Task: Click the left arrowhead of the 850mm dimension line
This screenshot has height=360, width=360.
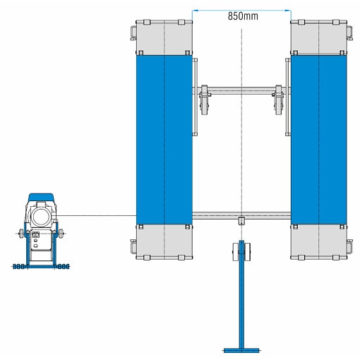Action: [x=195, y=11]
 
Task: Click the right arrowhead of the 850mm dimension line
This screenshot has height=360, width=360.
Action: [x=288, y=11]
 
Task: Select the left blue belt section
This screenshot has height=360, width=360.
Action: [x=164, y=140]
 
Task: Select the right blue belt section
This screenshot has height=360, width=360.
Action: [x=318, y=140]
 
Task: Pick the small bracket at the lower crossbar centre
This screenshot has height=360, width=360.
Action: [x=241, y=221]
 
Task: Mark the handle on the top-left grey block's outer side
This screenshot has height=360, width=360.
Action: [x=133, y=34]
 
